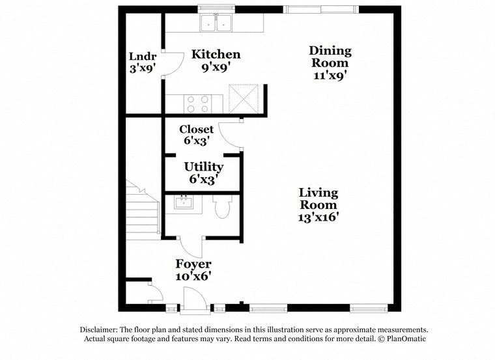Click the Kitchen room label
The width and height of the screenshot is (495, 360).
point(216,55)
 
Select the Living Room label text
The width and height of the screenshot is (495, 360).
point(318,199)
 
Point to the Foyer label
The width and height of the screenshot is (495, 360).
point(193,264)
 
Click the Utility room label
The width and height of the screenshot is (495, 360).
point(203,167)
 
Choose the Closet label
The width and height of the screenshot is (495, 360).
point(196,130)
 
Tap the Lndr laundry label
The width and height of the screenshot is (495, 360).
point(142,55)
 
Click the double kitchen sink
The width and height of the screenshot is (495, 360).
point(217,23)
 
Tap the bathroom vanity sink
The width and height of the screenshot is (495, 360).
point(184,203)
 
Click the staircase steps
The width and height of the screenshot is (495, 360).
point(143,212)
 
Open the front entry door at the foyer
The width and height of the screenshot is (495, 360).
point(193,300)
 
